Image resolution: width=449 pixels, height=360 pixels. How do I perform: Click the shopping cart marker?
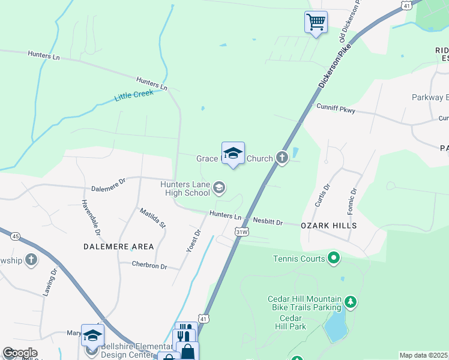point(316,23)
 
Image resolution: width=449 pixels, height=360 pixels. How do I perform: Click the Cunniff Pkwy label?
point(336,109)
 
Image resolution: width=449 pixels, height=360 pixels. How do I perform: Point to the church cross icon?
point(282,158)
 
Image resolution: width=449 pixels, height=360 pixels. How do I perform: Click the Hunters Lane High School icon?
point(219,189)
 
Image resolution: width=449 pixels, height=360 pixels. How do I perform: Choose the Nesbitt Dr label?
point(267,221)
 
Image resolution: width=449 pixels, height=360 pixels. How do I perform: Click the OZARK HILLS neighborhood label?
point(328,226)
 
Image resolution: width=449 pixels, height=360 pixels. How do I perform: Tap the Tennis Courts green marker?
point(334,259)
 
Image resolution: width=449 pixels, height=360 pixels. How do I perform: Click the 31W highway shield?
point(241,231)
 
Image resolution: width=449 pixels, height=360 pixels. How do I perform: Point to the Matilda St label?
point(152,218)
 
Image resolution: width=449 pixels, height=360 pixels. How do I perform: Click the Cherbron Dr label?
point(149,266)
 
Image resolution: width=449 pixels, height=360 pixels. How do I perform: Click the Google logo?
point(19,353)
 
